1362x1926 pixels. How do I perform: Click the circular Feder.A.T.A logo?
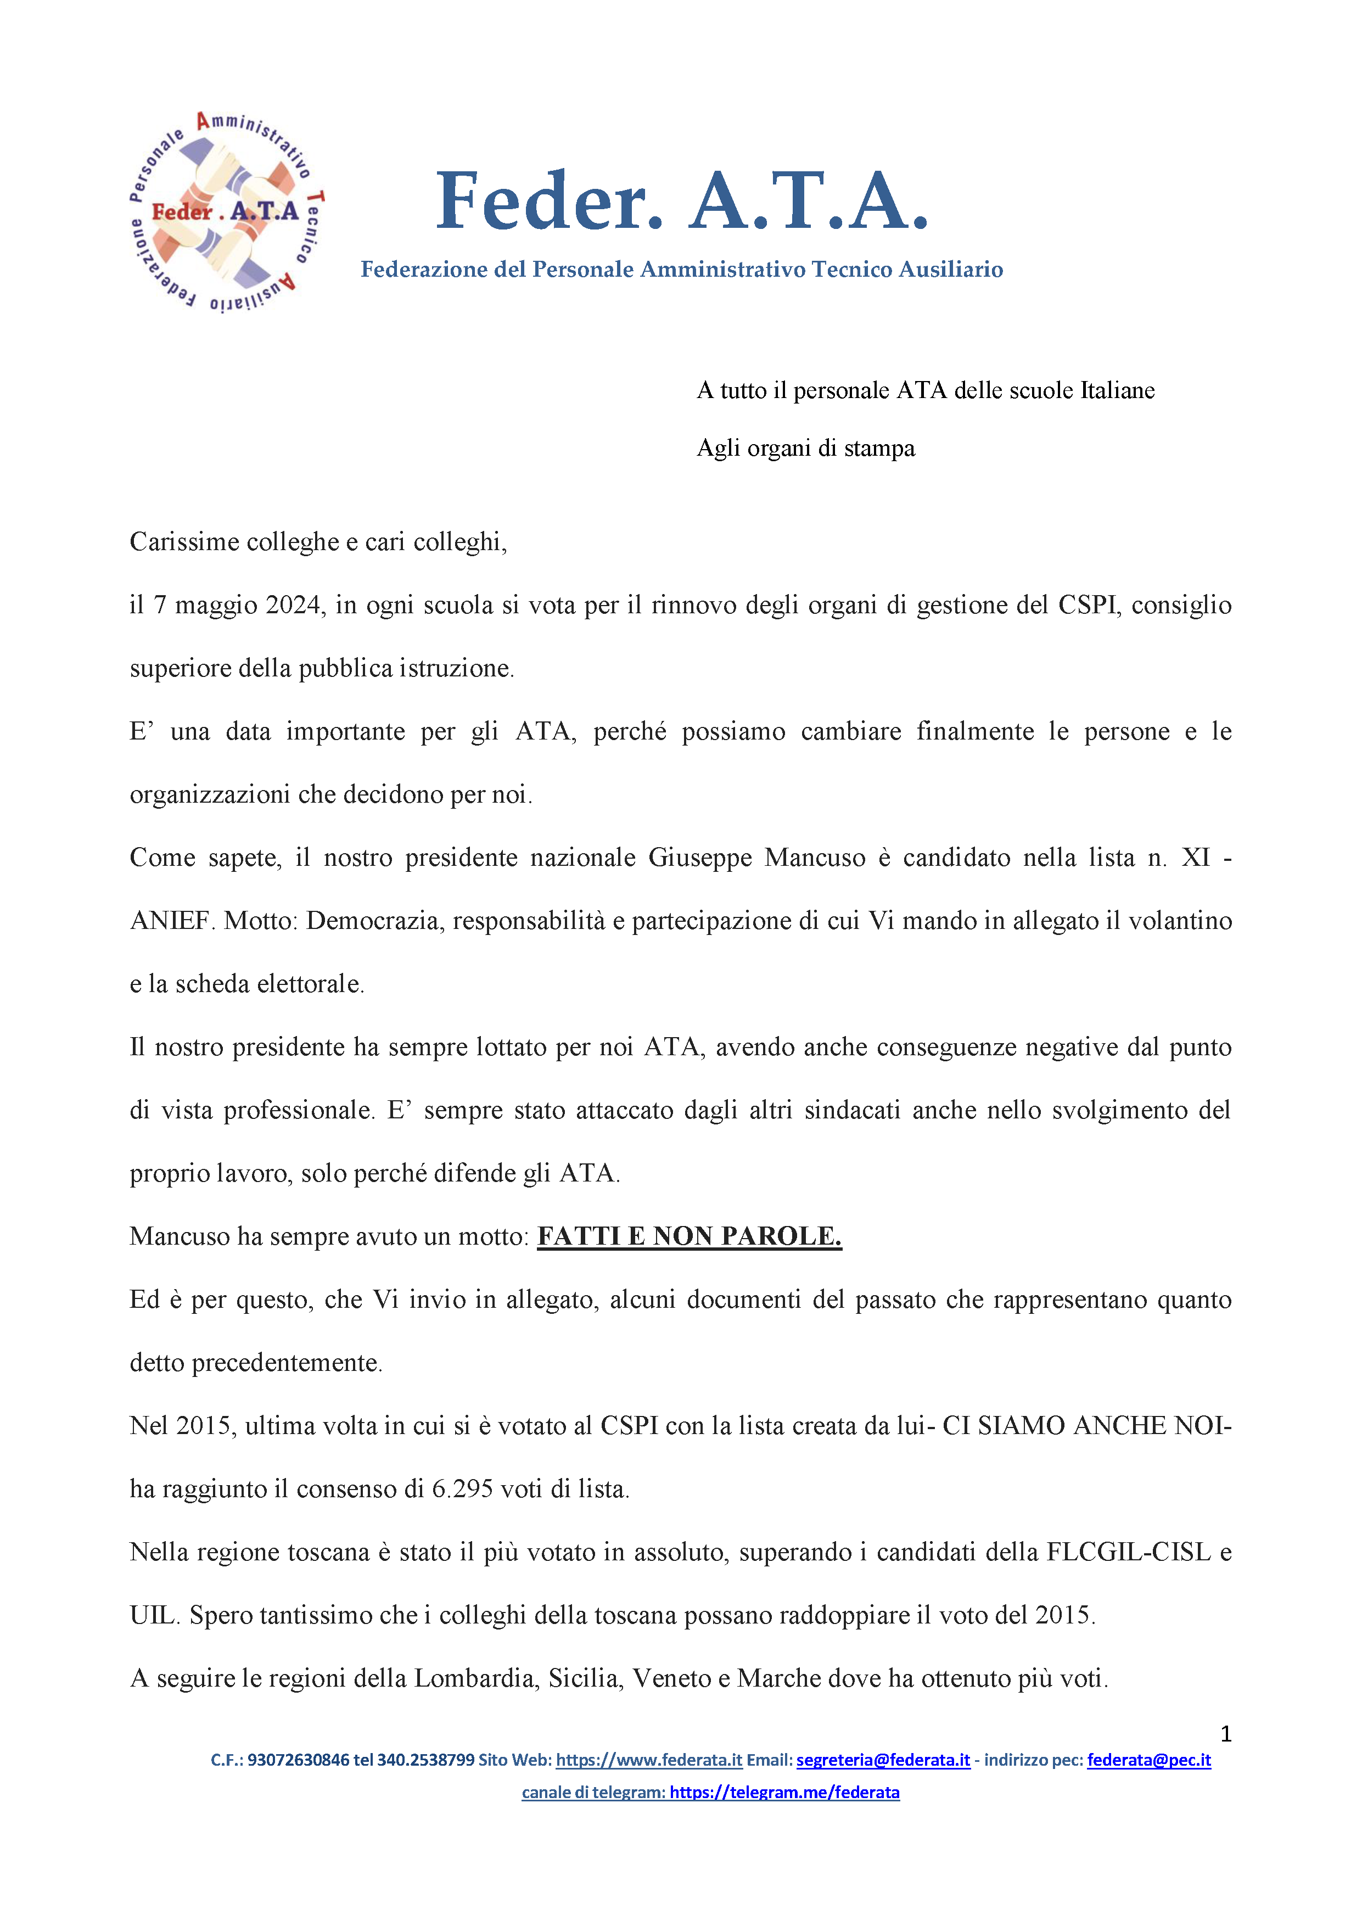click(226, 211)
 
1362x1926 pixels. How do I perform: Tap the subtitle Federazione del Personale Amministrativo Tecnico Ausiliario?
click(682, 269)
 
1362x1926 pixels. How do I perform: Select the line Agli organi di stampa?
click(805, 448)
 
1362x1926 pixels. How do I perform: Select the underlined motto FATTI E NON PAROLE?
click(690, 1236)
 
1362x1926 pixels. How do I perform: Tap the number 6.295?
click(461, 1489)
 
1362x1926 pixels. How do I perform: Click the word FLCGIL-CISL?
click(1129, 1552)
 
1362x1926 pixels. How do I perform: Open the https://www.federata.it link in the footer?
click(648, 1760)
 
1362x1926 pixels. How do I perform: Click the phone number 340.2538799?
click(425, 1760)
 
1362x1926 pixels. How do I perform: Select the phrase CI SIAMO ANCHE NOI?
click(1082, 1426)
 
